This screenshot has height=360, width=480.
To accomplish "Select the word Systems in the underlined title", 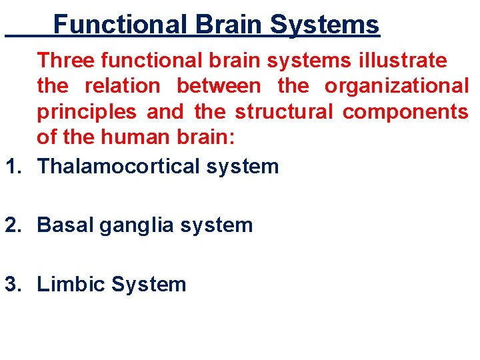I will pyautogui.click(x=325, y=25).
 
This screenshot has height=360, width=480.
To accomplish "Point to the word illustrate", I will pyautogui.click(x=403, y=60).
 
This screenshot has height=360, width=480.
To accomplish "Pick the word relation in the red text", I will pyautogui.click(x=122, y=86).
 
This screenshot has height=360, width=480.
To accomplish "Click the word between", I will pyautogui.click(x=219, y=86).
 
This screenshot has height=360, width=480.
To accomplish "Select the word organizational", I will pyautogui.click(x=397, y=86).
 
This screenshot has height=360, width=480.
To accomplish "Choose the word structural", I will pyautogui.click(x=283, y=111).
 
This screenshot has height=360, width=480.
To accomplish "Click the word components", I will pyautogui.click(x=405, y=112).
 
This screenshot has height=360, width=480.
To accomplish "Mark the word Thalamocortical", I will pyautogui.click(x=119, y=165).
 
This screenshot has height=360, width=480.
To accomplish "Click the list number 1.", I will pyautogui.click(x=11, y=165).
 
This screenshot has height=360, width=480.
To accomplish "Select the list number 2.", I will pyautogui.click(x=12, y=225).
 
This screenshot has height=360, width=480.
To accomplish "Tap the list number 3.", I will pyautogui.click(x=12, y=284).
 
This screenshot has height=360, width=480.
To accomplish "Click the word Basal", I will pyautogui.click(x=65, y=225).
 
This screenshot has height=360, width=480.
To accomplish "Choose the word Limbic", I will pyautogui.click(x=71, y=284).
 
